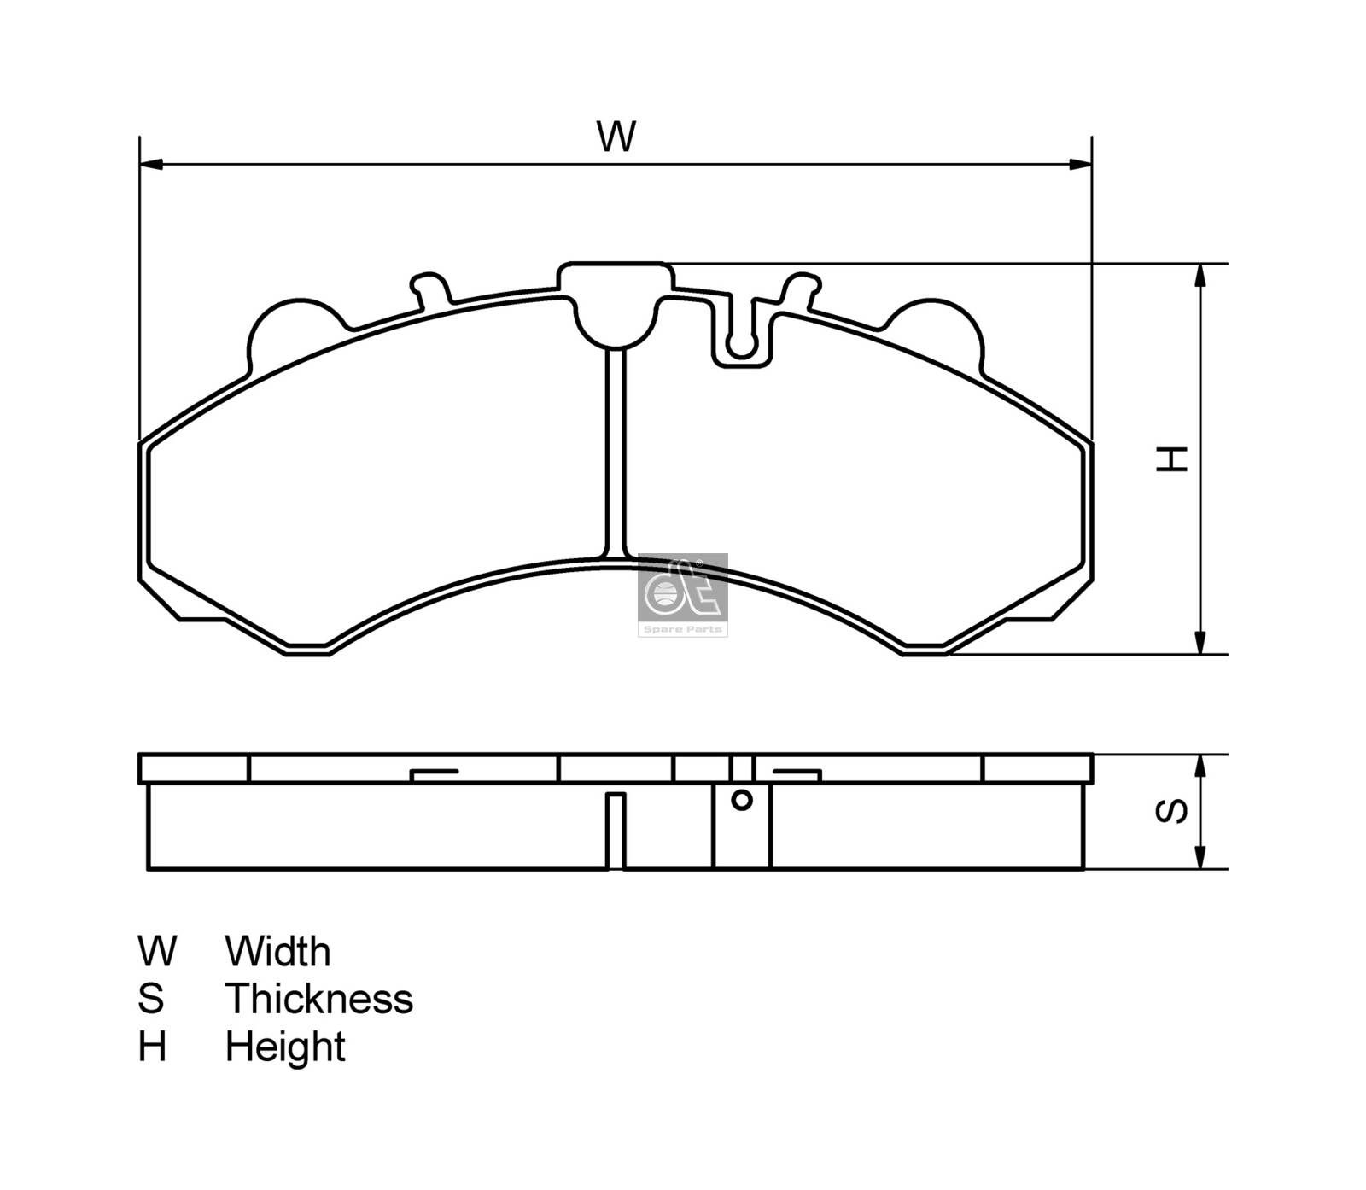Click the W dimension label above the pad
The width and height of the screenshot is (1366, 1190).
click(x=616, y=137)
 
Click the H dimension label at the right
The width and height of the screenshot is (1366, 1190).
click(x=1171, y=458)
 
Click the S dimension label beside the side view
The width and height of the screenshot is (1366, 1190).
click(x=1171, y=811)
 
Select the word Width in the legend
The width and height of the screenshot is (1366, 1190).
click(x=277, y=951)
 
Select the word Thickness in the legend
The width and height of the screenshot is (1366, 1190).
click(x=318, y=999)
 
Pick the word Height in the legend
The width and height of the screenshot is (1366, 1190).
click(x=285, y=1047)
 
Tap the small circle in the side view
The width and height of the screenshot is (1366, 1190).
click(x=742, y=800)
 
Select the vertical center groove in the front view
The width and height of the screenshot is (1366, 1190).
click(x=616, y=452)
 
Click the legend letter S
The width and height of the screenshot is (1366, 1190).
click(x=150, y=999)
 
